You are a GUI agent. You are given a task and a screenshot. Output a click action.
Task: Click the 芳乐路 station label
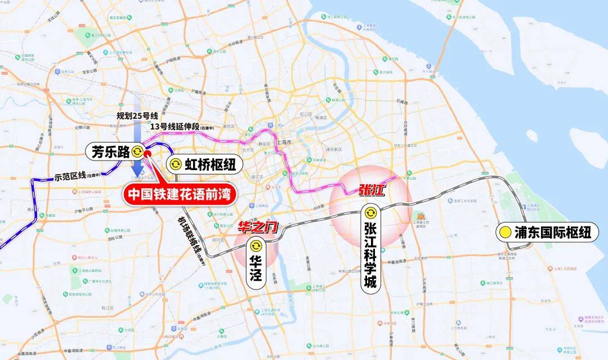click(x=110, y=150)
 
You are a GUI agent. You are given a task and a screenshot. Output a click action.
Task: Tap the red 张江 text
click(x=371, y=190)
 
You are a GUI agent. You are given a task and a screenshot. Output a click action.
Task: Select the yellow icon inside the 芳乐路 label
click(x=137, y=150)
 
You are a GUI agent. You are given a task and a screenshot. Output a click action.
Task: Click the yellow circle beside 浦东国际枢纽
click(x=504, y=232)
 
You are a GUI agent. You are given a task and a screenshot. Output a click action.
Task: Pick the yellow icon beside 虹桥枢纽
click(x=175, y=164)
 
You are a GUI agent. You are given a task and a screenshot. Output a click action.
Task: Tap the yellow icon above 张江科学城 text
click(x=370, y=213)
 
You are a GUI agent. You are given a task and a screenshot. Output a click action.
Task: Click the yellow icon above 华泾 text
click(x=256, y=245)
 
